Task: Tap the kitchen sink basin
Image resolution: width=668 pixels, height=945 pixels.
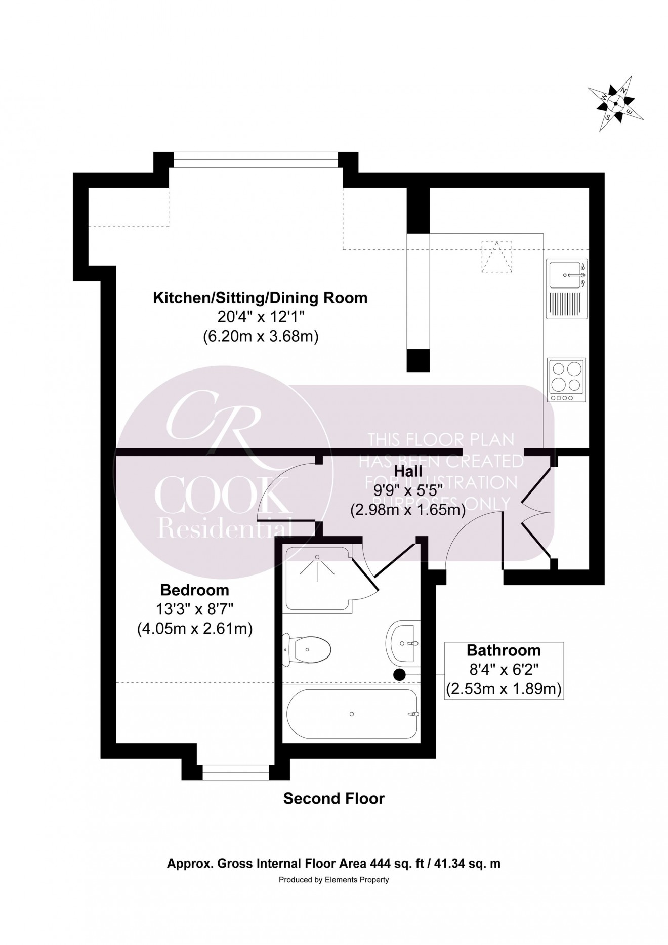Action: (x=567, y=275)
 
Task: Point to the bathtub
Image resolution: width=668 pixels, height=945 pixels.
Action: (x=352, y=714)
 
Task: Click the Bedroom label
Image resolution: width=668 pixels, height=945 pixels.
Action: (x=194, y=590)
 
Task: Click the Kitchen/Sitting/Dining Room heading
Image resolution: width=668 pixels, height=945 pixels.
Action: (x=260, y=298)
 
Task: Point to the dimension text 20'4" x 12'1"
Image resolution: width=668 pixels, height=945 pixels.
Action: (x=260, y=317)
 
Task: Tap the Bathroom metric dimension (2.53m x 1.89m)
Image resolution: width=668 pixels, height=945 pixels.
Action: (x=504, y=689)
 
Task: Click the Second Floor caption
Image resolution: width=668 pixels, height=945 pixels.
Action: (x=333, y=799)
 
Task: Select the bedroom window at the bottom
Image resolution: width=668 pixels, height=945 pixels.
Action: (x=235, y=772)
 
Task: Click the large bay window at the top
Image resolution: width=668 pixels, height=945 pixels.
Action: (x=256, y=160)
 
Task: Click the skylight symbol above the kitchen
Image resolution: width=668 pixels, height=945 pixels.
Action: (x=496, y=257)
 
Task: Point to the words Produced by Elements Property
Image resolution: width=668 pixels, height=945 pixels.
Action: (x=333, y=880)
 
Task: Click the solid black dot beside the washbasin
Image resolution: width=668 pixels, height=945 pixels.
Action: (x=400, y=674)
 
